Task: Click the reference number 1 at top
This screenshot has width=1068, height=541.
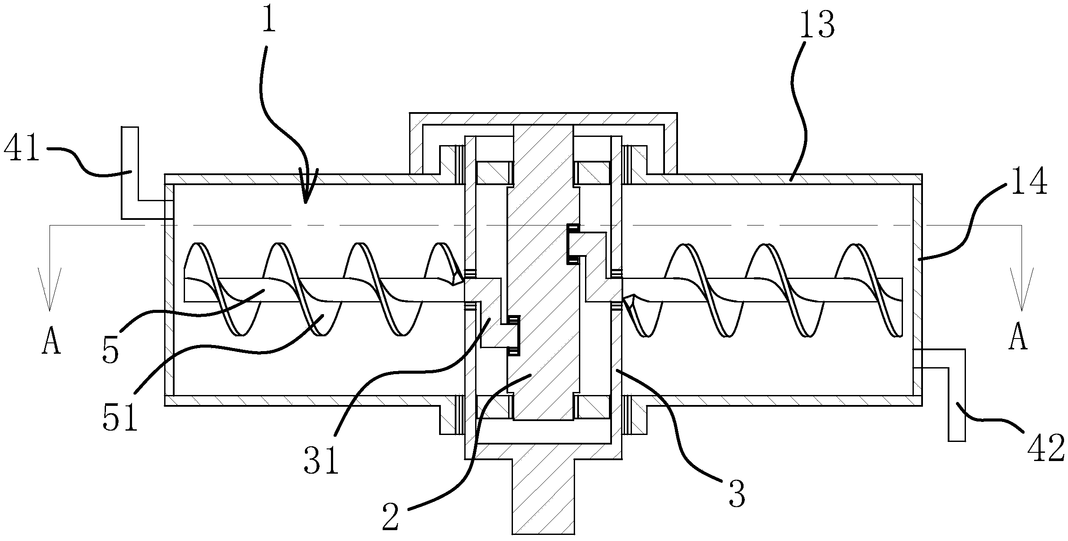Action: click(269, 17)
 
